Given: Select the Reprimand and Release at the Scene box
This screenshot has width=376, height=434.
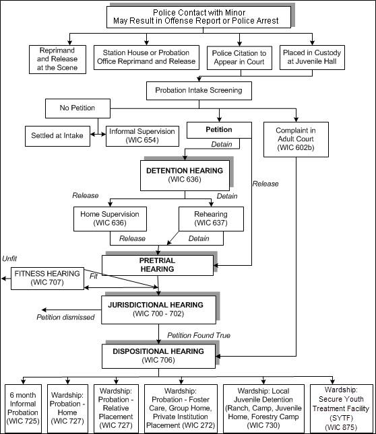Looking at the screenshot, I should coord(58,58).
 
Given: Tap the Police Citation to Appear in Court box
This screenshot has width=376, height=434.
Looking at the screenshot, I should coord(239,58).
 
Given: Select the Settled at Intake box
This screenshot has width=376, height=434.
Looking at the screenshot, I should coord(57,135).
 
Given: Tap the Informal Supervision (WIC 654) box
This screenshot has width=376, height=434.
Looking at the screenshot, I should coord(141,135).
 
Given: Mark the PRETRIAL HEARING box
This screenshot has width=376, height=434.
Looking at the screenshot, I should coord(156,264).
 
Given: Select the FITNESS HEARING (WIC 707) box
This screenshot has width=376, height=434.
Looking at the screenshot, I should coord(47,279).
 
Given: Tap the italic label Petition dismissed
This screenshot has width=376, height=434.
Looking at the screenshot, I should coord(66,318).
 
